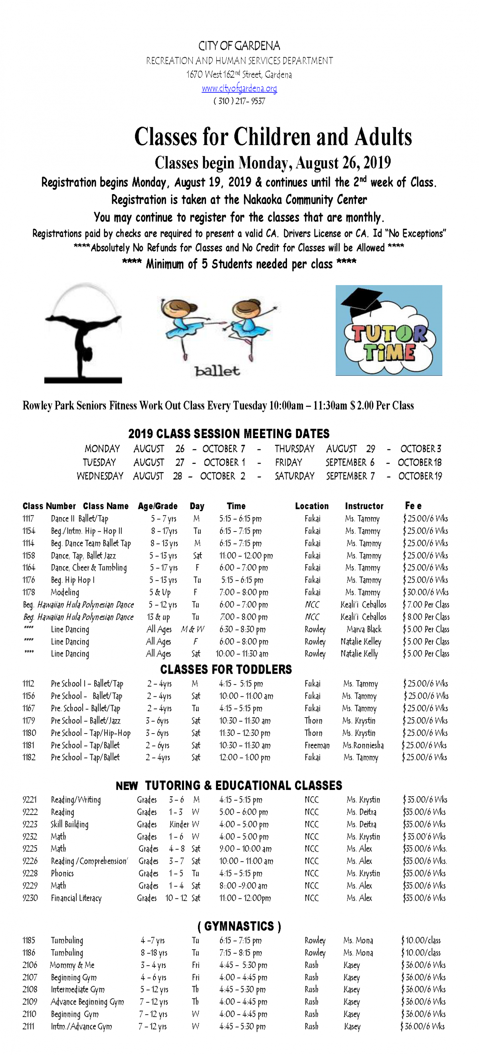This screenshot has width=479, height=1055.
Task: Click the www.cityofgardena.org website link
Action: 239,88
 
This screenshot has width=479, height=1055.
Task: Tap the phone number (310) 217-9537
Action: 239,101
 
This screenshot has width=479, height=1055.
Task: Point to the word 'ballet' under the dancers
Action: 218,371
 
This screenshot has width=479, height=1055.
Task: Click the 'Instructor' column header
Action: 364,506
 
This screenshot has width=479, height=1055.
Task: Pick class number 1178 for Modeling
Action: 29,592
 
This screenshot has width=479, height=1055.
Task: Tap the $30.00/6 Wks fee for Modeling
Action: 426,592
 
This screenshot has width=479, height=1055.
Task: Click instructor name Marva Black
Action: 364,629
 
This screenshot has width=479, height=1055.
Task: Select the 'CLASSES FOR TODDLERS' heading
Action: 226,669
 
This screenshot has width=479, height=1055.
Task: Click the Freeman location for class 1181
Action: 317,745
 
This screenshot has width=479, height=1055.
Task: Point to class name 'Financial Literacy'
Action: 76,898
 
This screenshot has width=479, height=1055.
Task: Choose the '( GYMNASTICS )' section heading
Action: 239,926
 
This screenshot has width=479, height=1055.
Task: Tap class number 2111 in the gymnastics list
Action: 29,1026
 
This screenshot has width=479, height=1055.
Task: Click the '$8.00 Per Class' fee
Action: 426,617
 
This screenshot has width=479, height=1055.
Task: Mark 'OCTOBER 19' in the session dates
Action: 420,476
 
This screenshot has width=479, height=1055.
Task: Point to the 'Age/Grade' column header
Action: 158,506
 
